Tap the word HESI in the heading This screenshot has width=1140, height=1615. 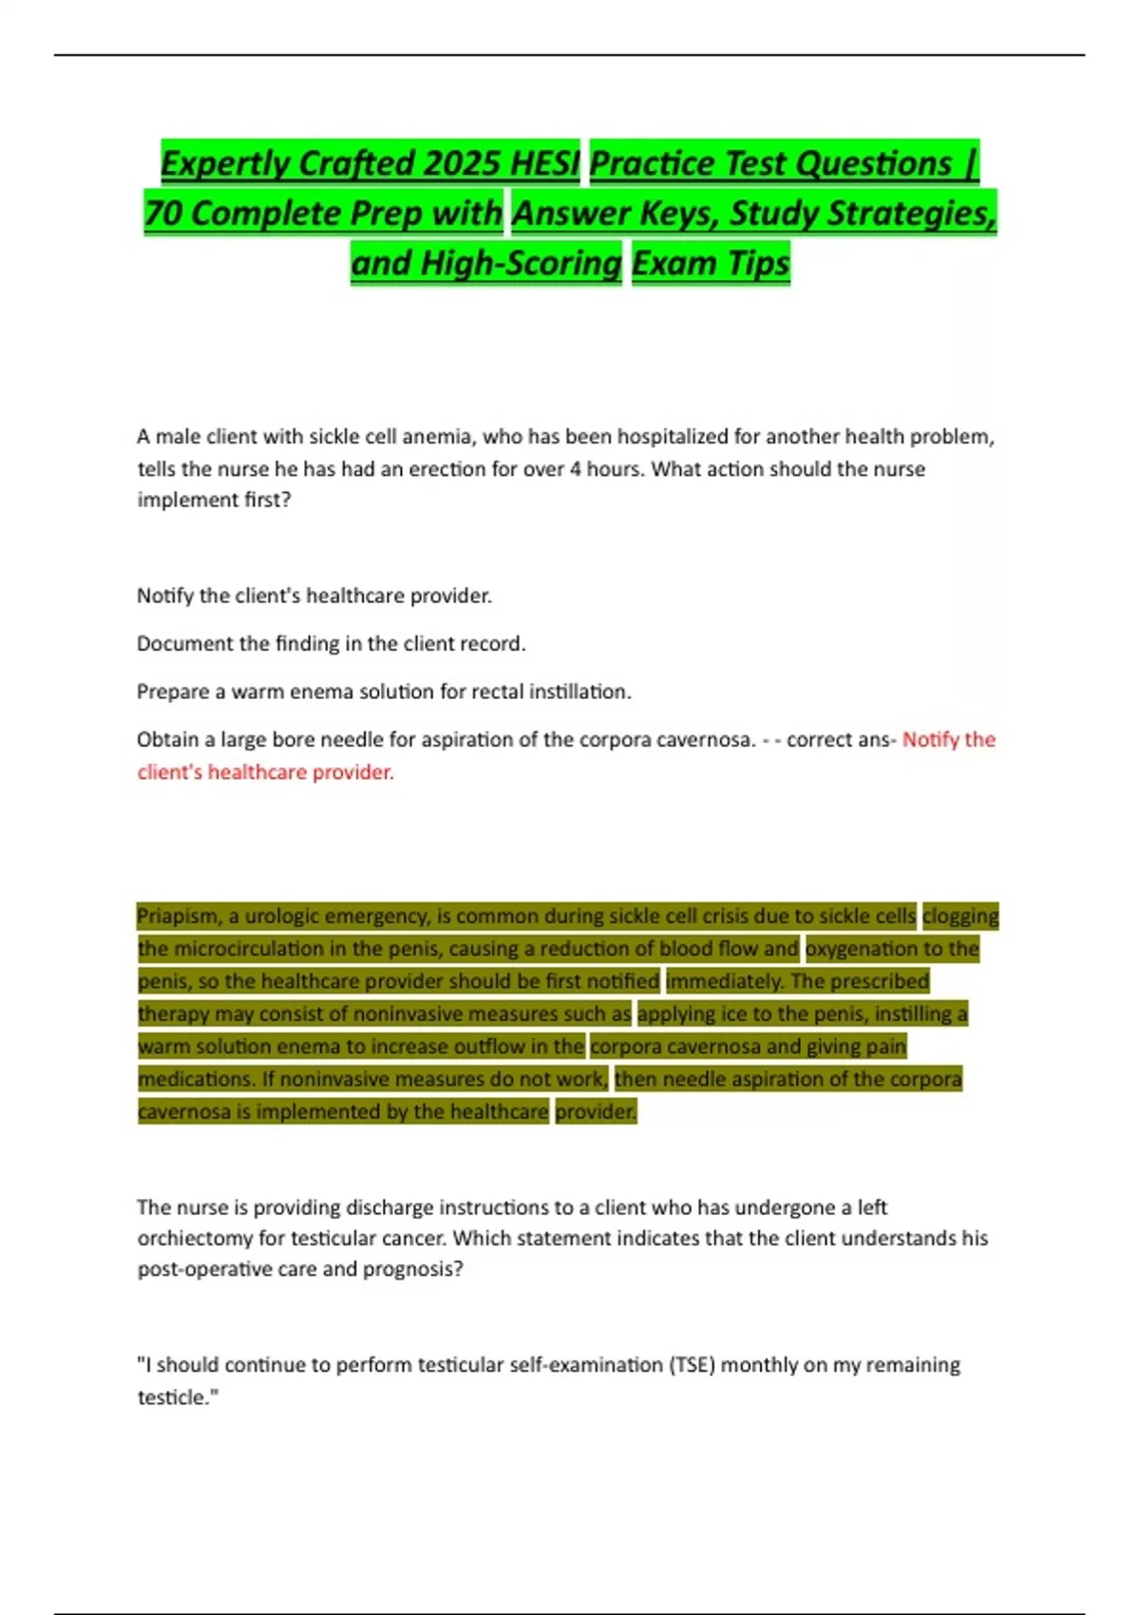coord(544,163)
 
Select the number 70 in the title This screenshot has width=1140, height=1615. coord(162,213)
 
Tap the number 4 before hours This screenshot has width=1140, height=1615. coord(576,468)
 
